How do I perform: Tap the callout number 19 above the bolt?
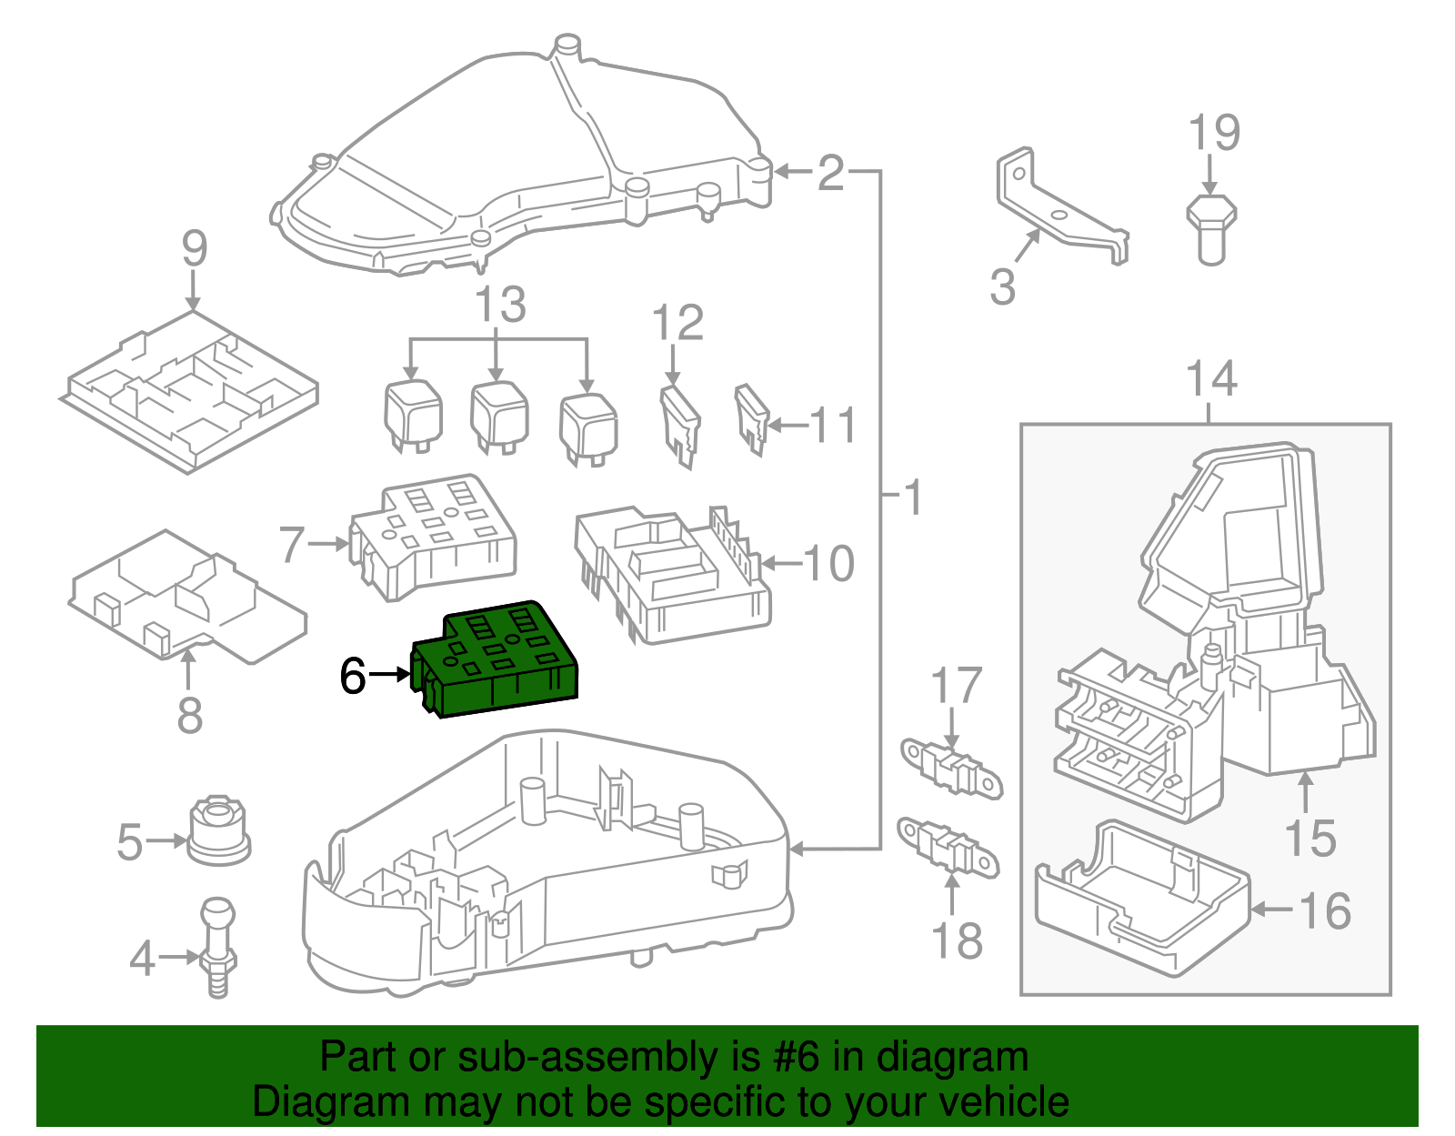point(1214,134)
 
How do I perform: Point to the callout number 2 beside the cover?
point(830,173)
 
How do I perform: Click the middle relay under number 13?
point(499,417)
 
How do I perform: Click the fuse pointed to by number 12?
point(679,423)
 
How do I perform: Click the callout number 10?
point(828,564)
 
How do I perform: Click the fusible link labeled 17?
point(950,768)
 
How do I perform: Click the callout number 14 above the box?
point(1211,379)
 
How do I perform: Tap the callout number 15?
point(1309,838)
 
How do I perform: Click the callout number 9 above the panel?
point(194,248)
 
